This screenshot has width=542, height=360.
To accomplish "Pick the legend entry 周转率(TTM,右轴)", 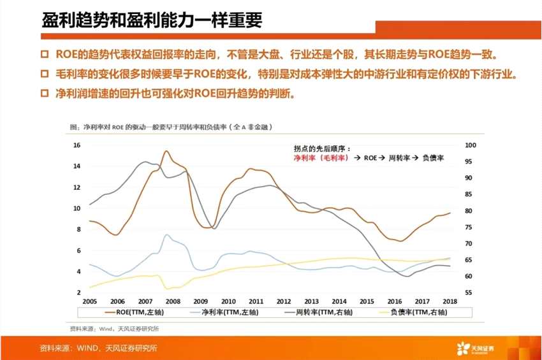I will (319, 312).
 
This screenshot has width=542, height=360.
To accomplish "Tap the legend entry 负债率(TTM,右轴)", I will (414, 312).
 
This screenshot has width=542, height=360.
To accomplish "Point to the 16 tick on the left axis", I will (77, 145).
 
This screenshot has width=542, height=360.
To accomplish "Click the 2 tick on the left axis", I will (78, 292).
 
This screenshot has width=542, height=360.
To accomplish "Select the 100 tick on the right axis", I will (471, 145).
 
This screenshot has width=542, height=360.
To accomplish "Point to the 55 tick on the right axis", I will (469, 292).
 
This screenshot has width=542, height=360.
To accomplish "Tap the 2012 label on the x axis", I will (284, 301).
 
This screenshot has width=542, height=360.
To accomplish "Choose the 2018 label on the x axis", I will (451, 301).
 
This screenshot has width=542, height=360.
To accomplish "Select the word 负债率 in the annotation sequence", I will (433, 157).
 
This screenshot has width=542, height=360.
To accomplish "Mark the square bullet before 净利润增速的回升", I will (45, 94).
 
